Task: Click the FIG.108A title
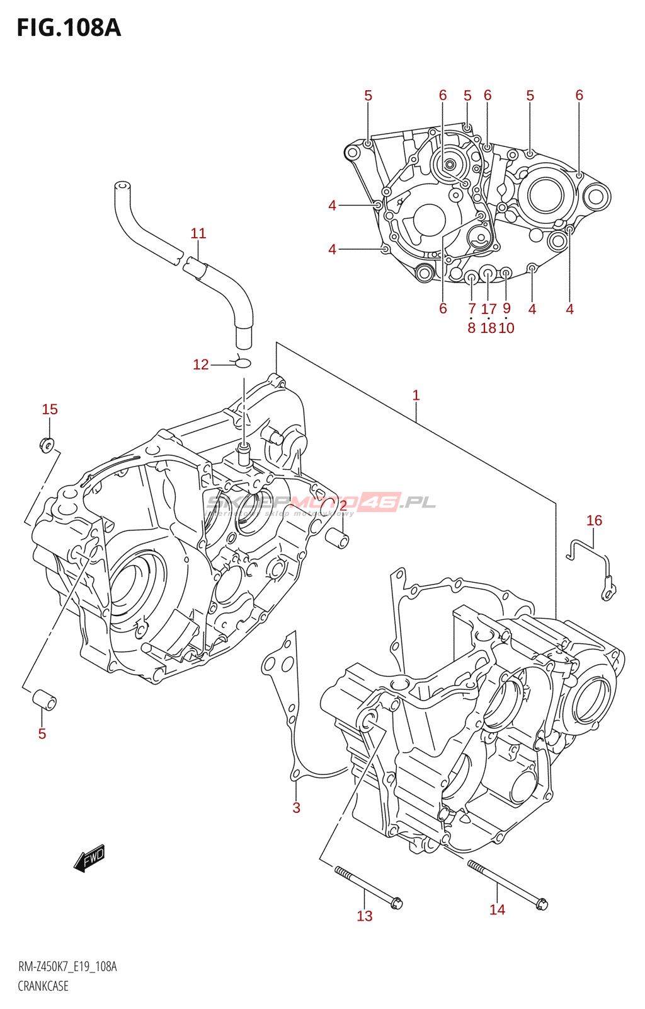click(68, 28)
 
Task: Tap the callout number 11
click(198, 233)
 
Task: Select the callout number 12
click(200, 365)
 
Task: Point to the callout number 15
click(50, 409)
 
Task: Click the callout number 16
click(594, 520)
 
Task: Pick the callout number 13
click(365, 916)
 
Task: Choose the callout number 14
click(497, 909)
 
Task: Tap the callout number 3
click(296, 808)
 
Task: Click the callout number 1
click(416, 395)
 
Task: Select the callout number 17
click(489, 309)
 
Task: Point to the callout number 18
click(488, 328)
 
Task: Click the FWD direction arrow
click(89, 858)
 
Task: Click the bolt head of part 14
click(542, 904)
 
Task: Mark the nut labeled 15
click(47, 445)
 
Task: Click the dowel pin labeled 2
click(337, 539)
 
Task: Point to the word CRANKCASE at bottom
click(43, 986)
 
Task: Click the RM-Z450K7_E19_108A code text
click(67, 967)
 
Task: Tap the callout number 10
click(506, 328)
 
